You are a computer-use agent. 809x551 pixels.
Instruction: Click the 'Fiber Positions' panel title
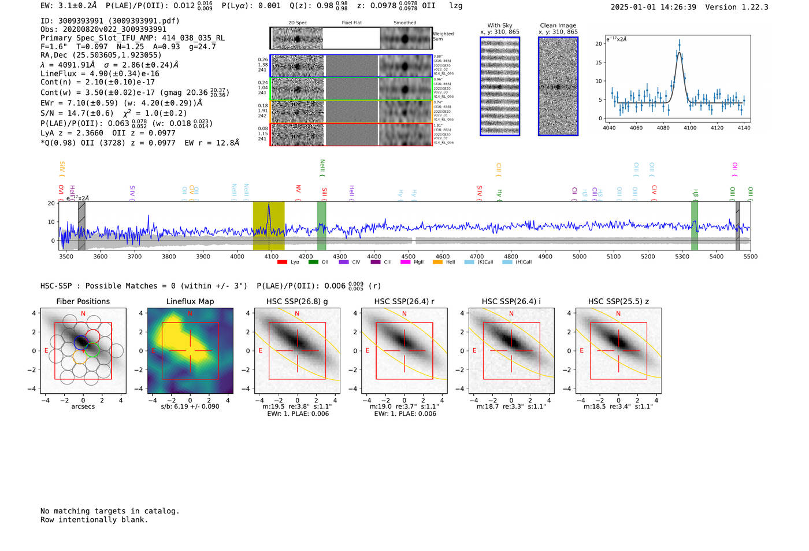pos(83,301)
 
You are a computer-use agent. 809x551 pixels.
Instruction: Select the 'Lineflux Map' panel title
pos(190,301)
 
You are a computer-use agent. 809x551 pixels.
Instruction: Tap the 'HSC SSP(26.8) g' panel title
pos(297,301)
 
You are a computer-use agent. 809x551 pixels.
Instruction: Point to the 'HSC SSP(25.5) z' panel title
pos(618,301)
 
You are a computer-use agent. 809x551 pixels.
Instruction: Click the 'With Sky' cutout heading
pos(500,25)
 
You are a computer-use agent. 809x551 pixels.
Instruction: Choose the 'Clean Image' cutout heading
pos(558,25)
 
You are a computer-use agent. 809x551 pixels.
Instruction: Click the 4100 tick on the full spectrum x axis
pos(271,257)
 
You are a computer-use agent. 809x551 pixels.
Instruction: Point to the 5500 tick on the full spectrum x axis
pos(750,257)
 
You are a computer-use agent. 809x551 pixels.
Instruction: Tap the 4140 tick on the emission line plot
pos(744,128)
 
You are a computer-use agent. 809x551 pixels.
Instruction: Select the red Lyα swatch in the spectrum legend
pos(282,262)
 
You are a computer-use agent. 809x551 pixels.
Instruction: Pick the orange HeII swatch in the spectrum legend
pos(437,262)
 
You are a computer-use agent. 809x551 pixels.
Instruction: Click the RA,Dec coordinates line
pos(101,56)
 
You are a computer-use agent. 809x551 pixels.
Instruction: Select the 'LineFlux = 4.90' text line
pos(100,73)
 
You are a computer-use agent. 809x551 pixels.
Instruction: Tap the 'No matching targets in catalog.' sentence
pos(110,511)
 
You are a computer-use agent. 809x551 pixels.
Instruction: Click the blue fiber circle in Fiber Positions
pos(81,342)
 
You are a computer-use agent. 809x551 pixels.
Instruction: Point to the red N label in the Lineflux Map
pos(190,314)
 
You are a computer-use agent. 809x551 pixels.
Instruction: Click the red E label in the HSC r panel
pos(368,350)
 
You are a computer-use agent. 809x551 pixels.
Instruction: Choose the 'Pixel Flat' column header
pos(351,23)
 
